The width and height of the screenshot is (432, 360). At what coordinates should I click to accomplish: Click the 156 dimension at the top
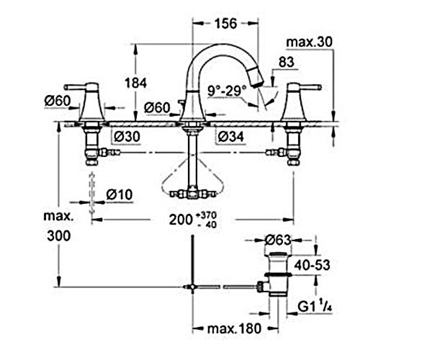(225, 23)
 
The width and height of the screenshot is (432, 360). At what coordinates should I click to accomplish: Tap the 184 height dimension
(136, 83)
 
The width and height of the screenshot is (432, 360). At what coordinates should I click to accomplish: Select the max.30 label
(309, 42)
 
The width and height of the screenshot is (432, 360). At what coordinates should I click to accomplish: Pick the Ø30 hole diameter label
(127, 136)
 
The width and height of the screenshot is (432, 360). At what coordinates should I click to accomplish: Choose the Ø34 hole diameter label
(231, 136)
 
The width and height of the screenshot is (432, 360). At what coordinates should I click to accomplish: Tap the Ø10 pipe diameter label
(119, 194)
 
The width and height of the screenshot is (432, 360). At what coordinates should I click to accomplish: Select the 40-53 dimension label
(312, 265)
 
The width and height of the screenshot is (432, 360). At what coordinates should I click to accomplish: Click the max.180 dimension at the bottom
(234, 328)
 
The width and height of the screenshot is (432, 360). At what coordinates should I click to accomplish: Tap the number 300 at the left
(59, 236)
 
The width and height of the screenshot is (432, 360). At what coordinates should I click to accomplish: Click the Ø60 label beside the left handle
(57, 101)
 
